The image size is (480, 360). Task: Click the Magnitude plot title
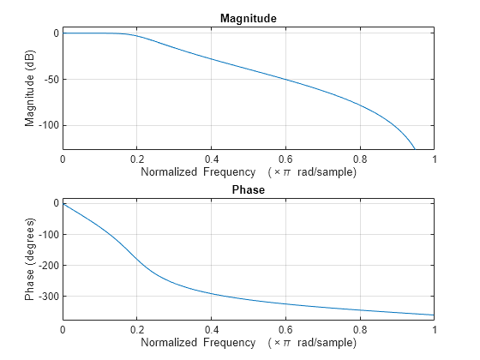(x=248, y=18)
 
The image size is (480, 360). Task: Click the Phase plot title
(x=248, y=189)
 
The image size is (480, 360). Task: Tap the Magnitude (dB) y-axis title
(x=31, y=87)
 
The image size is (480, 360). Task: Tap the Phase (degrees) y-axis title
(x=31, y=259)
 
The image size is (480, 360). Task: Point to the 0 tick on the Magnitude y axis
(x=54, y=33)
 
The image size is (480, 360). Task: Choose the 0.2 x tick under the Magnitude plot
(x=137, y=159)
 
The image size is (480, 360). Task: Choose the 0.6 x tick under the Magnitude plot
(x=285, y=159)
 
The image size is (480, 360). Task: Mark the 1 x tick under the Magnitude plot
(x=434, y=159)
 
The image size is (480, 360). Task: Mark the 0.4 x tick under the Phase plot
(x=211, y=329)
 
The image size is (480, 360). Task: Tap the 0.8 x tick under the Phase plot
(x=360, y=329)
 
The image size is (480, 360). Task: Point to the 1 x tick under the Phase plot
(x=434, y=329)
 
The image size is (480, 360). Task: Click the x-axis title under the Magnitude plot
(x=248, y=172)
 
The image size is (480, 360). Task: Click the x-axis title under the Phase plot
(x=248, y=343)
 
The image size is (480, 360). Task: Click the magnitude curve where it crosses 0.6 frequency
(x=285, y=80)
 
